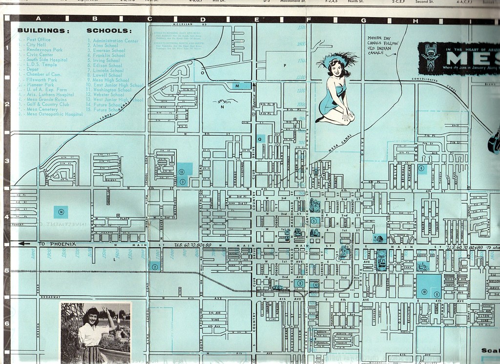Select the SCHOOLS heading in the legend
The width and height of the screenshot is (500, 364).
click(109, 30)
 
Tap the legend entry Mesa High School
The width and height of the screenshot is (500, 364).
click(111, 80)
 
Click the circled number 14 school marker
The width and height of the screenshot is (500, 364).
click(61, 212)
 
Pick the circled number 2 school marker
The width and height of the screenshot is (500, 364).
click(154, 267)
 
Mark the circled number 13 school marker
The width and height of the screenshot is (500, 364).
click(182, 171)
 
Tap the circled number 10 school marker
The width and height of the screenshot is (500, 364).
click(424, 293)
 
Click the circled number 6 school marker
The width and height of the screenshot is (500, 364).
click(421, 168)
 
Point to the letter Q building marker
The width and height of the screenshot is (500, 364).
click(260, 138)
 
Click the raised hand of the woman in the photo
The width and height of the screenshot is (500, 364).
click(105, 311)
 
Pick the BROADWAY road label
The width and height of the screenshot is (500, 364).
click(50, 297)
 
